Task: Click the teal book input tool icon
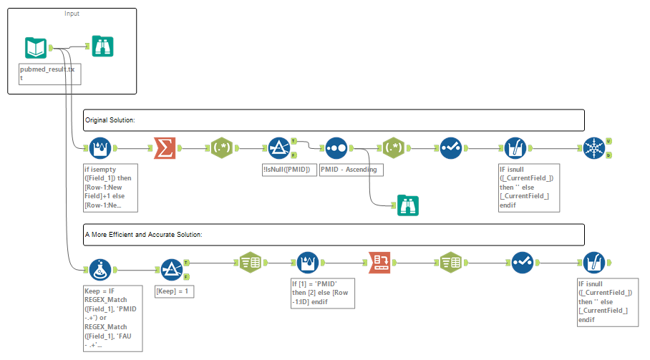[x=36, y=48]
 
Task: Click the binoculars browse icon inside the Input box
[x=102, y=47]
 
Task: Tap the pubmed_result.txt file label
[x=48, y=74]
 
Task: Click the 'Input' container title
[x=72, y=14]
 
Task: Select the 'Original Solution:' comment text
[x=110, y=120]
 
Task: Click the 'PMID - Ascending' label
[x=351, y=170]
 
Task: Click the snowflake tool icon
[x=594, y=148]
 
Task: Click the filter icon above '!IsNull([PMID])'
[x=278, y=148]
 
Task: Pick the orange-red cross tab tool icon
[x=379, y=263]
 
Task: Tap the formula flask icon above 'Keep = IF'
[x=101, y=270]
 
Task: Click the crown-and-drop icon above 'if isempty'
[x=101, y=148]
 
